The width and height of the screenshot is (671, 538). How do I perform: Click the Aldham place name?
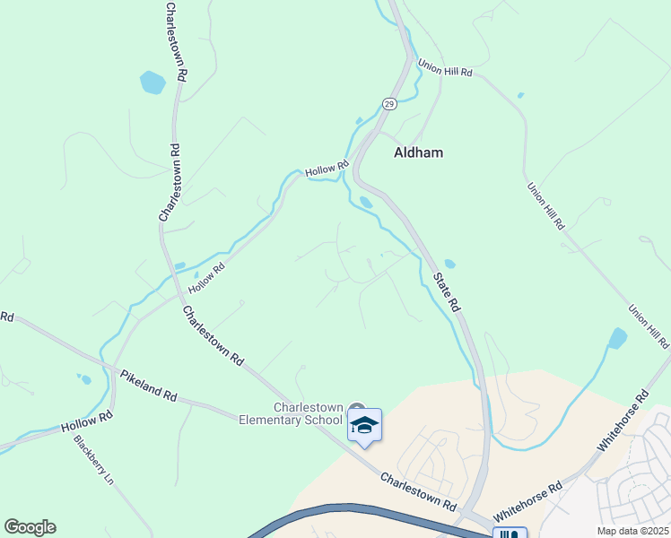(418, 152)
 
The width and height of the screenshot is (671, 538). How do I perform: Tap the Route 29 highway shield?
(388, 104)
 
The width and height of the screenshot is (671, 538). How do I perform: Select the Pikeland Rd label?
(149, 384)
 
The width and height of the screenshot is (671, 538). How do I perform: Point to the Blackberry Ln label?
(94, 460)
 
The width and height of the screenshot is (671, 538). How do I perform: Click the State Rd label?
(446, 286)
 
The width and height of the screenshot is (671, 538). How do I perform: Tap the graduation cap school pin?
(365, 423)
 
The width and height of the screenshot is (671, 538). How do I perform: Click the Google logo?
(30, 526)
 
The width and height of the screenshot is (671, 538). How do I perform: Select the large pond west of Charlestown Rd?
(152, 83)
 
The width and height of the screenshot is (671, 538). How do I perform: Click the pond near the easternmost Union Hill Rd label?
(617, 338)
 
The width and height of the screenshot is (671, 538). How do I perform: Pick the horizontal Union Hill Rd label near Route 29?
(444, 67)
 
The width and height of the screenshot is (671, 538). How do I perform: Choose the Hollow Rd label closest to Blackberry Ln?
(88, 421)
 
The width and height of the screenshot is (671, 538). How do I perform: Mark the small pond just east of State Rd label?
(449, 264)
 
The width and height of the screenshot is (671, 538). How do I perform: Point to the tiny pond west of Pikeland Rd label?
(85, 379)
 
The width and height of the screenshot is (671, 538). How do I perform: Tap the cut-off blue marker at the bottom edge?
(509, 533)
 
